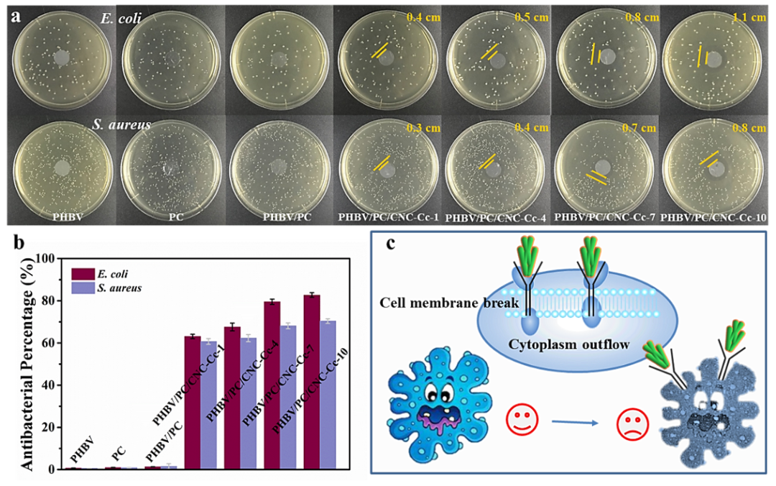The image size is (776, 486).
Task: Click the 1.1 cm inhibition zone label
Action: (x=749, y=17)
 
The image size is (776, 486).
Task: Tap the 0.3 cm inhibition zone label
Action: (x=423, y=128)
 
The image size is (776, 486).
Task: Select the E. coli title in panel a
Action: (x=121, y=19)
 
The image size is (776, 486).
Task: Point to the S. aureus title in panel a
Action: (x=121, y=124)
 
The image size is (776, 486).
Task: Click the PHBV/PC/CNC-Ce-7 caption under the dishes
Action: (x=604, y=217)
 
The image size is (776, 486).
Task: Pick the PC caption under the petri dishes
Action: (x=176, y=217)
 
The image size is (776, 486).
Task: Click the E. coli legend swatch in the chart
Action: (x=83, y=274)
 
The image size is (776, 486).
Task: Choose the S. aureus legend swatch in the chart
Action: (x=83, y=288)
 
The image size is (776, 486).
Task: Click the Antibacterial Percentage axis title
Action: (x=28, y=364)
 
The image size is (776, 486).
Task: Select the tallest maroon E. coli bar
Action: (x=312, y=382)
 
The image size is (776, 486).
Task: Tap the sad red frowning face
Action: (x=632, y=425)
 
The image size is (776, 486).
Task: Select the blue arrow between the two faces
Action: (x=575, y=422)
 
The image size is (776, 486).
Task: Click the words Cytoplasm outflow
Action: (x=568, y=344)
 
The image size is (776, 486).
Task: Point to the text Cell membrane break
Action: (x=449, y=303)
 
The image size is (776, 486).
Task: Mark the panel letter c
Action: (x=391, y=243)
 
